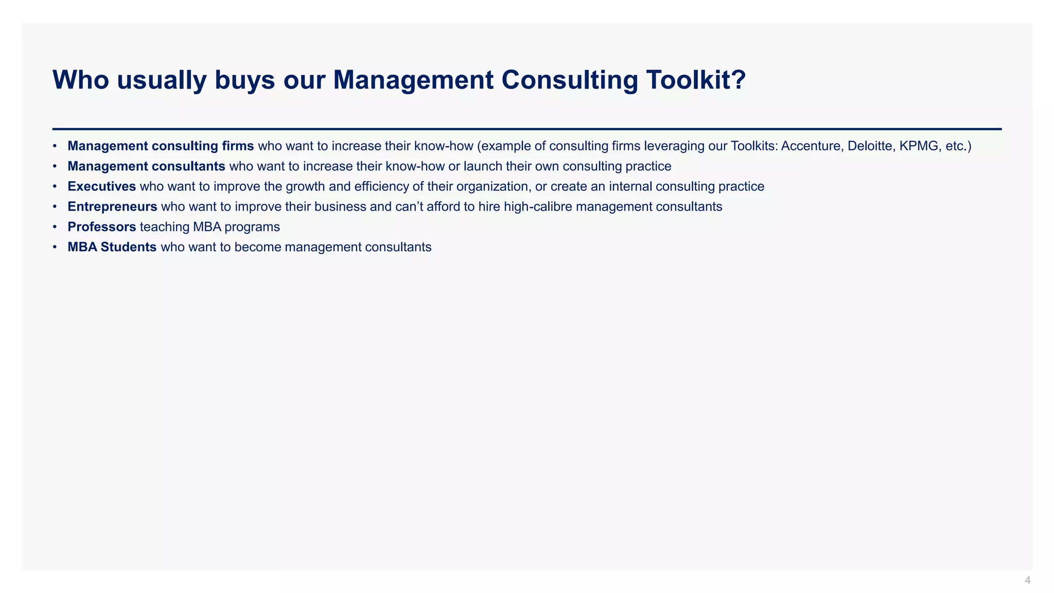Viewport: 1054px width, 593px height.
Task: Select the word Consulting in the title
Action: click(x=569, y=80)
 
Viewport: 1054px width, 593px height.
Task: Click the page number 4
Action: click(x=1027, y=581)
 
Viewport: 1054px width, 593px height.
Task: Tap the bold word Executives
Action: click(x=102, y=186)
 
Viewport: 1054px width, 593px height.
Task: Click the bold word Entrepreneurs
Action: click(x=112, y=207)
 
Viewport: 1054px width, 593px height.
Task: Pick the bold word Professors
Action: click(x=102, y=227)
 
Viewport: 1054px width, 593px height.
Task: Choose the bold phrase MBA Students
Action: click(x=112, y=247)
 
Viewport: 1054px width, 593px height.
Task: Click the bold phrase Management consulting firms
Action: click(x=161, y=146)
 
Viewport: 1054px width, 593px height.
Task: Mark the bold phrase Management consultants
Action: click(x=146, y=166)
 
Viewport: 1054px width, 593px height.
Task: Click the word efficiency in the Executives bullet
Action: click(x=381, y=186)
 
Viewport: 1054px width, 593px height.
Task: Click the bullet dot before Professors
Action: click(x=55, y=227)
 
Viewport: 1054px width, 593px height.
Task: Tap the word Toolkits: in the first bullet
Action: click(x=753, y=146)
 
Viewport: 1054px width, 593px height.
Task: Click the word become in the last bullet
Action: click(x=257, y=247)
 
